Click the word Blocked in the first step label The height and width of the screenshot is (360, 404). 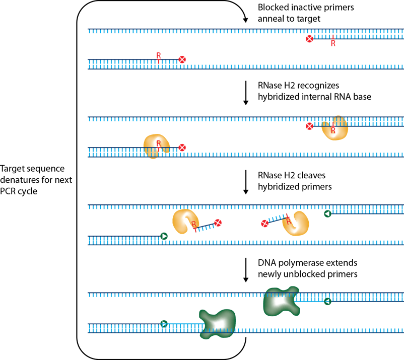(x=273, y=8)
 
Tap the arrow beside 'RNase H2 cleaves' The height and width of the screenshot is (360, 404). (x=246, y=182)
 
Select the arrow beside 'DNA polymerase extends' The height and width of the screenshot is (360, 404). (x=246, y=270)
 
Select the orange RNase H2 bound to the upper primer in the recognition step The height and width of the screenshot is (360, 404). (x=335, y=128)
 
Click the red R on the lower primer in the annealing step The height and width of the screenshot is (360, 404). (x=159, y=54)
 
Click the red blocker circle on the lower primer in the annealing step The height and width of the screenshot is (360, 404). (x=182, y=60)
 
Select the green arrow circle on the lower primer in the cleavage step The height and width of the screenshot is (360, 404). (x=163, y=236)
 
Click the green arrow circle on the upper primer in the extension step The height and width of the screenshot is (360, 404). (x=327, y=301)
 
